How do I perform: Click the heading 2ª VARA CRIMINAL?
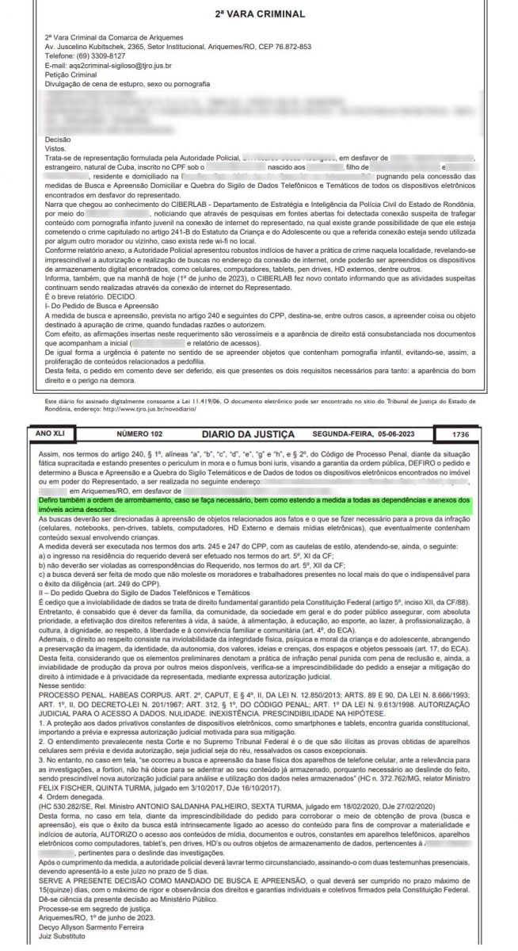(259, 14)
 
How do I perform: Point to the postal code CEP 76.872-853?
(278, 47)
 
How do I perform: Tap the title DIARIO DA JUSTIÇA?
(248, 435)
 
